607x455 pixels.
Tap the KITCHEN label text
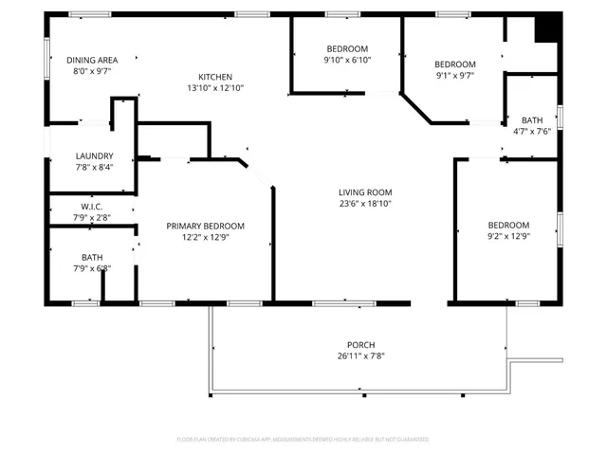(x=214, y=77)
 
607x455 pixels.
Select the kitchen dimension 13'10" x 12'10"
(x=214, y=88)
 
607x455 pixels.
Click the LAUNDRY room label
(x=94, y=156)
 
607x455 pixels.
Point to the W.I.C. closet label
(x=91, y=206)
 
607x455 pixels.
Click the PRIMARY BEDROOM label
(x=205, y=226)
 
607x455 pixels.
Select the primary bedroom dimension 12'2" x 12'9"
(x=205, y=237)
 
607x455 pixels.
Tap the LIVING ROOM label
(x=365, y=191)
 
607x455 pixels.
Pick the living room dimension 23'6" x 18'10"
(x=365, y=203)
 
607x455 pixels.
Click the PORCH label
(x=360, y=344)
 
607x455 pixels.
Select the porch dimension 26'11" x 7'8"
(x=360, y=355)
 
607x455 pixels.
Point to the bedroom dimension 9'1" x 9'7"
(x=455, y=76)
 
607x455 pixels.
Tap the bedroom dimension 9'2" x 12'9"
(x=506, y=236)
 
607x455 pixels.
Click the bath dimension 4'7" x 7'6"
(x=532, y=132)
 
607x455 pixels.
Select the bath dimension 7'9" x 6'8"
(x=92, y=268)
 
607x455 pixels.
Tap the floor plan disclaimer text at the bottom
(x=303, y=440)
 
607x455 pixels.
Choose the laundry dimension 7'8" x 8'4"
(x=94, y=168)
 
